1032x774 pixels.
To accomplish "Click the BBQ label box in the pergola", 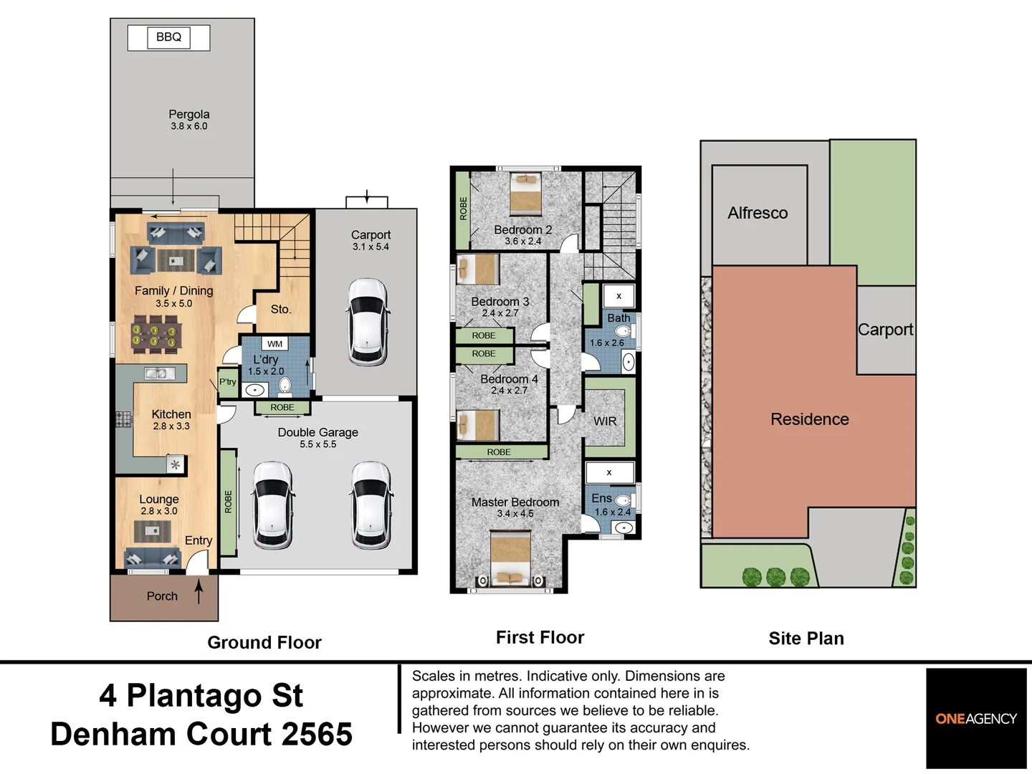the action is pyautogui.click(x=169, y=37).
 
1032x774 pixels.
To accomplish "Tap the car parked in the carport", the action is pyautogui.click(x=368, y=322).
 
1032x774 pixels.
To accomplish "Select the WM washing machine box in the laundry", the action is pyautogui.click(x=275, y=344).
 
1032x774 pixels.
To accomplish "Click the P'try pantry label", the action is pyautogui.click(x=228, y=381).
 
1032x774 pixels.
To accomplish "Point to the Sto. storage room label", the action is pyautogui.click(x=281, y=309).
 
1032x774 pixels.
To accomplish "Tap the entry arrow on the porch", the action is pyautogui.click(x=199, y=591).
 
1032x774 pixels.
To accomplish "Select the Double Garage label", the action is pyautogui.click(x=317, y=432).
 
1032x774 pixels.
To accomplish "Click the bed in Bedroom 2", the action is pyautogui.click(x=525, y=194).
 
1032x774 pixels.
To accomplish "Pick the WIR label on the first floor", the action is pyautogui.click(x=605, y=421).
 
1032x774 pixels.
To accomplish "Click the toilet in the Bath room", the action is pyautogui.click(x=623, y=331).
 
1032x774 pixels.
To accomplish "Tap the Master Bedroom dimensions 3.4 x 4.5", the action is pyautogui.click(x=515, y=514).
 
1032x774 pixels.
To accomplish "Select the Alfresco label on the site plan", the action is pyautogui.click(x=758, y=213).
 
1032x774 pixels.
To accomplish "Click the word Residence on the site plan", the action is pyautogui.click(x=810, y=419).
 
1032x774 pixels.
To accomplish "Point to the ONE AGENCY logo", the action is pyautogui.click(x=976, y=719).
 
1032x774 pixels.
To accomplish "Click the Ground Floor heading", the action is pyautogui.click(x=264, y=642).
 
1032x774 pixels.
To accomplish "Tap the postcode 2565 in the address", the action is pyautogui.click(x=317, y=734).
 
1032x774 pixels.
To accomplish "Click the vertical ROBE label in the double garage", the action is pyautogui.click(x=229, y=502).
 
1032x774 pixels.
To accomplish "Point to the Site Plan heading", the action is pyautogui.click(x=806, y=638).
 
